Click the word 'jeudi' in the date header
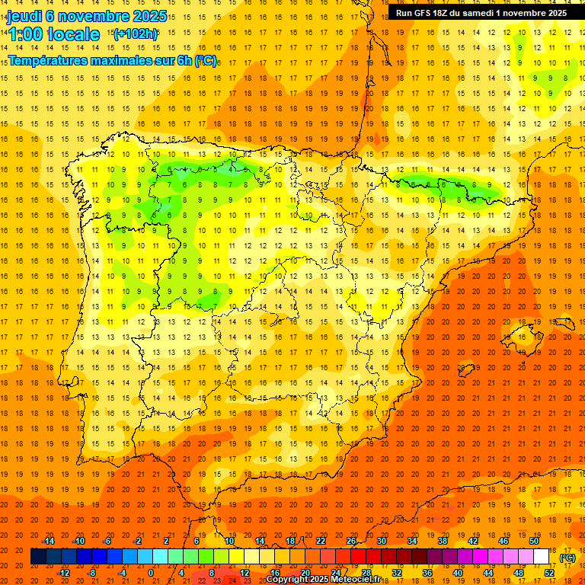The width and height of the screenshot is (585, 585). pyautogui.click(x=24, y=16)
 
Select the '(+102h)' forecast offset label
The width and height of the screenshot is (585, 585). pyautogui.click(x=135, y=34)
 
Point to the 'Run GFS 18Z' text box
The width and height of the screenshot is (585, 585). pyautogui.click(x=481, y=13)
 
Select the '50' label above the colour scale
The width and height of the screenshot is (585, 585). pyautogui.click(x=534, y=540)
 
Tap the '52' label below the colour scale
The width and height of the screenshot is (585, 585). pyautogui.click(x=549, y=572)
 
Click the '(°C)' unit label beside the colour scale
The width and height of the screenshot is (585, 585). pyautogui.click(x=567, y=557)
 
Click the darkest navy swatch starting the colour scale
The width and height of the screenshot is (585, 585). pyautogui.click(x=38, y=557)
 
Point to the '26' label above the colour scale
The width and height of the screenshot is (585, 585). pyautogui.click(x=351, y=540)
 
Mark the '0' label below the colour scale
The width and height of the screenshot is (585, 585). pyautogui.click(x=151, y=572)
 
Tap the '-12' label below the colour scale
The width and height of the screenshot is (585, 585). pyautogui.click(x=64, y=572)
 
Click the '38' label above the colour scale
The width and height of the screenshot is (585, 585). pyautogui.click(x=443, y=540)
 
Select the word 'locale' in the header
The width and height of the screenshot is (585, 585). pyautogui.click(x=75, y=34)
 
